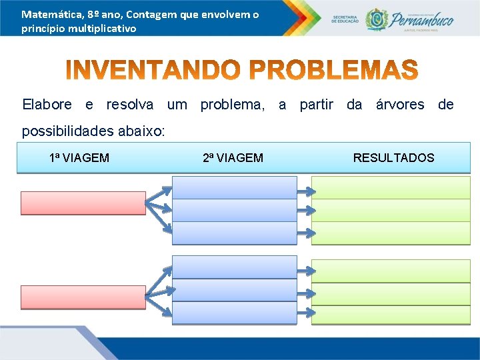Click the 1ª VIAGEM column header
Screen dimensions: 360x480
click(x=79, y=158)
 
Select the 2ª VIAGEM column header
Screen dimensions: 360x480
click(x=233, y=158)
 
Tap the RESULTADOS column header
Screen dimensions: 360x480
click(x=393, y=158)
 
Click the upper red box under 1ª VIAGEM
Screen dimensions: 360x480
click(x=83, y=203)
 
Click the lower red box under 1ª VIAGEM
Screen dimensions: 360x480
click(x=83, y=297)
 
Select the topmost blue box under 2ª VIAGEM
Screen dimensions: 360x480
click(x=234, y=187)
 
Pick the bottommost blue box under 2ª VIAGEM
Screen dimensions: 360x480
click(x=234, y=313)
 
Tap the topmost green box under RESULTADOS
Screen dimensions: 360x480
click(x=391, y=187)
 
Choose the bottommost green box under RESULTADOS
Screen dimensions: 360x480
click(x=391, y=313)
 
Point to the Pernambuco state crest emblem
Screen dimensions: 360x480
click(x=377, y=19)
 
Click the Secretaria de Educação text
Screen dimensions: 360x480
click(x=345, y=19)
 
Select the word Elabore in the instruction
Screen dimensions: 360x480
click(x=47, y=105)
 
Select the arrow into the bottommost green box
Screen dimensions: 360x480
click(x=304, y=313)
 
